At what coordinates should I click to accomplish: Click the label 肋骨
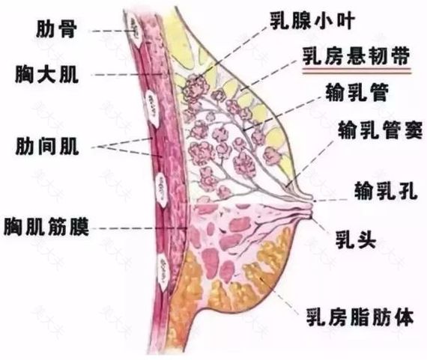point(56,29)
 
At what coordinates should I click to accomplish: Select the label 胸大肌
point(47,75)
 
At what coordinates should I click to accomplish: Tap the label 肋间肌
point(47,147)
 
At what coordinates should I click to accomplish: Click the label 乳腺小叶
point(312,21)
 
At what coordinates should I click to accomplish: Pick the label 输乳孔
point(386,191)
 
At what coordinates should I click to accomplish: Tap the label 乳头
point(355,240)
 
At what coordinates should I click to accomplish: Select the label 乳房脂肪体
point(360,317)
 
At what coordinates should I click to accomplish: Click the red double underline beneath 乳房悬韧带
point(357,71)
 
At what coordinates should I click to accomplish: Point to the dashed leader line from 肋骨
point(112,31)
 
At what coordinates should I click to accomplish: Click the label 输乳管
point(357,93)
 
